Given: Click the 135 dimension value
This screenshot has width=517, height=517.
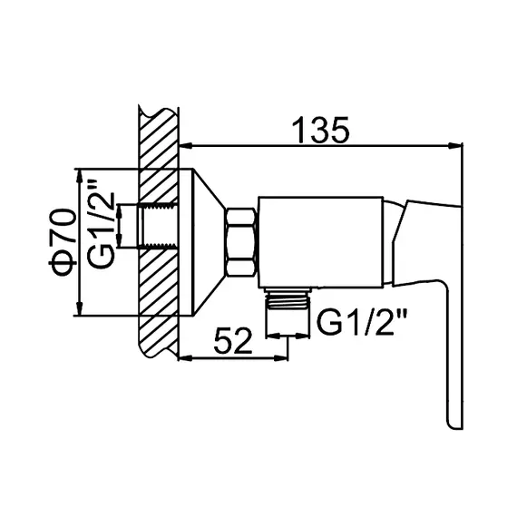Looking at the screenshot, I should point(320,130).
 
